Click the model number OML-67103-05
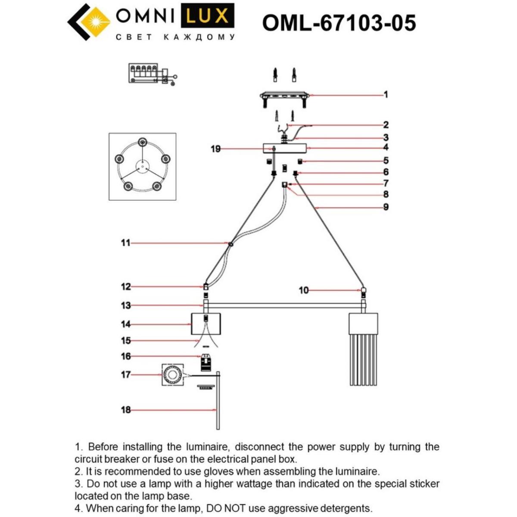339,23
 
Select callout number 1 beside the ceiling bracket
386,94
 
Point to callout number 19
215,149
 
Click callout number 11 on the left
125,243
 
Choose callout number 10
304,290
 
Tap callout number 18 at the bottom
125,410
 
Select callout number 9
386,207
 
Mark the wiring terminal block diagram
151,74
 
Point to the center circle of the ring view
142,166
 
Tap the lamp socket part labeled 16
206,362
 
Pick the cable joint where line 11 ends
231,244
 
